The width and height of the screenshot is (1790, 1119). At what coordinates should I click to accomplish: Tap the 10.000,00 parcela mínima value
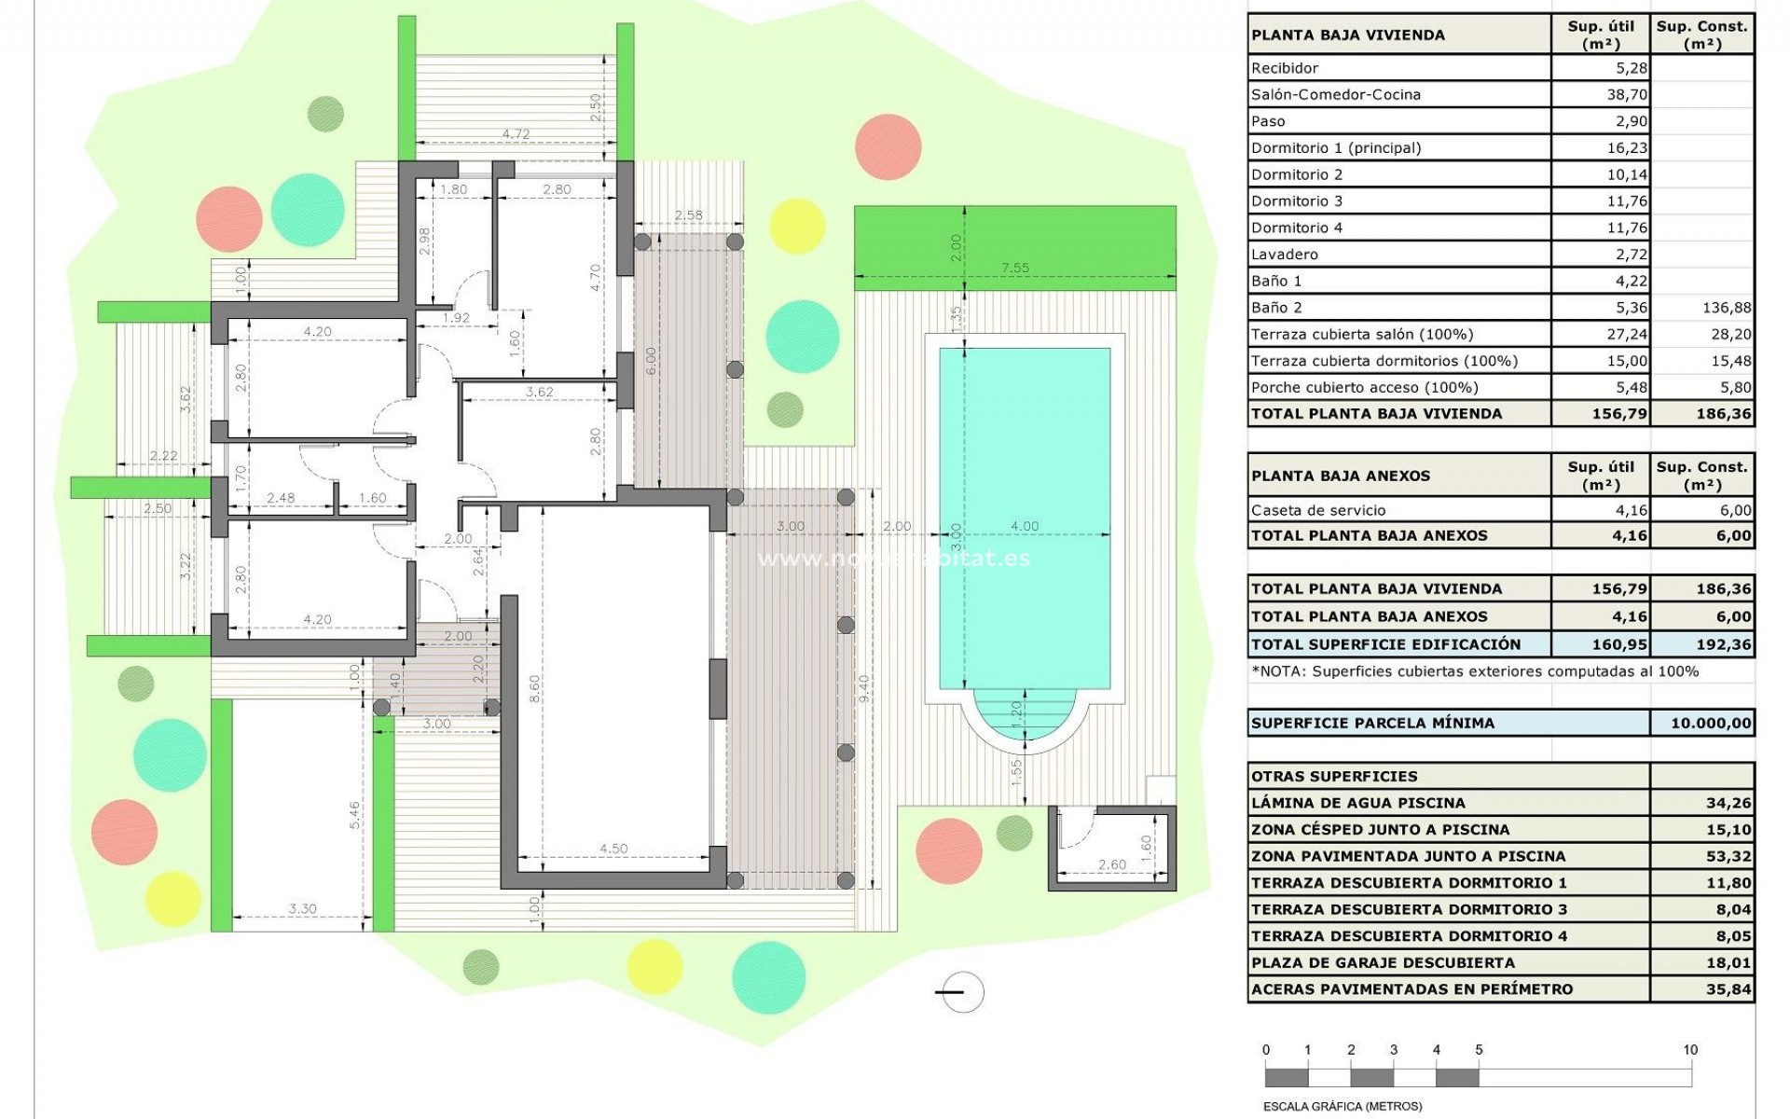click(1710, 723)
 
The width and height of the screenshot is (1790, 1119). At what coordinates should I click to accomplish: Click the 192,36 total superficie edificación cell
click(1724, 644)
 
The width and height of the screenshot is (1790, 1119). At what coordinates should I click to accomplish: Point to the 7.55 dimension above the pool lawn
click(1015, 268)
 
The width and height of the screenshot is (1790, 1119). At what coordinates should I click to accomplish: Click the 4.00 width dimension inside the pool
click(1025, 526)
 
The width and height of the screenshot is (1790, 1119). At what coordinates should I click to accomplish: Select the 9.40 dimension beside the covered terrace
click(864, 688)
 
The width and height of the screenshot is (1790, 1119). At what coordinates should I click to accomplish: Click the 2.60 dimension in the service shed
click(1111, 864)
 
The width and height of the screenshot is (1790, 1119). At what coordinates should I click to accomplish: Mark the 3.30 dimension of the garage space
click(302, 908)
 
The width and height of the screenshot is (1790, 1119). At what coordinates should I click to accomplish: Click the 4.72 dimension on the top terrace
click(516, 134)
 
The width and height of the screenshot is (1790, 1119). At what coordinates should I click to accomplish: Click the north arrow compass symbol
click(960, 992)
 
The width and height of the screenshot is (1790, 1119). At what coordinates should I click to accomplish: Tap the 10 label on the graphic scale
click(1690, 1050)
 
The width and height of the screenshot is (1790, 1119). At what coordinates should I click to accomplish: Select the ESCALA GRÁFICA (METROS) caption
click(1342, 1107)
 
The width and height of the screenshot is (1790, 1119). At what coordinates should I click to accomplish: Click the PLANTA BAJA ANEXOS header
click(1340, 476)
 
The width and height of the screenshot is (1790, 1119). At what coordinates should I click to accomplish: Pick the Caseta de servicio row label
click(1318, 510)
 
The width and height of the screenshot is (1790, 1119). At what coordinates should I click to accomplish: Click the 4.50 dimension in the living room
click(613, 849)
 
